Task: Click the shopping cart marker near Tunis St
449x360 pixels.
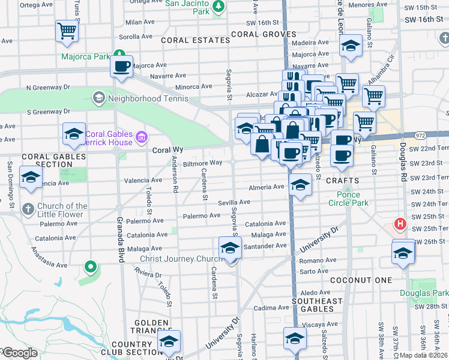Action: coord(67,31)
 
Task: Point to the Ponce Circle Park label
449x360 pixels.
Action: coord(344,199)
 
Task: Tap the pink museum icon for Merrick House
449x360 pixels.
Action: coord(141,139)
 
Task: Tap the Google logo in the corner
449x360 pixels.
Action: coord(20,353)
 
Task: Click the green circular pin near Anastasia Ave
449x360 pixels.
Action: coord(90,266)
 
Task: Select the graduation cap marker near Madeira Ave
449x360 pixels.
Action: coord(350,46)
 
